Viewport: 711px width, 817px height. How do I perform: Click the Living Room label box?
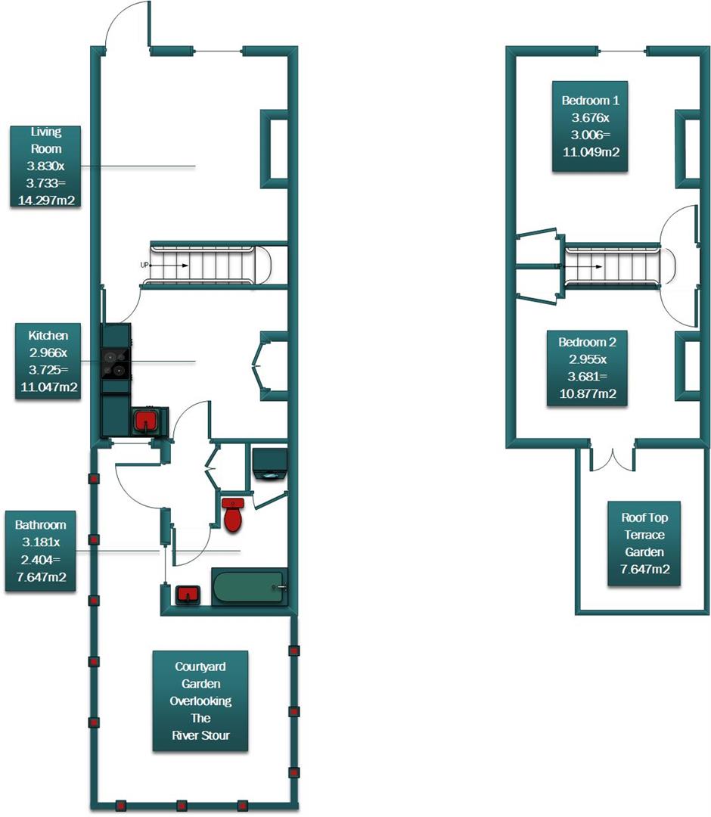pos(46,166)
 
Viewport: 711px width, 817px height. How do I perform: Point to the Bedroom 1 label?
pos(590,126)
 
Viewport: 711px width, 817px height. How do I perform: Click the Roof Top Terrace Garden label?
pos(644,543)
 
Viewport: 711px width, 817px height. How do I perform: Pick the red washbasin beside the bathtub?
pos(187,595)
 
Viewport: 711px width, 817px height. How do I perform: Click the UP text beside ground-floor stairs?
pos(144,266)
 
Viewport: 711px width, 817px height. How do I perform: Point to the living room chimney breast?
pos(275,148)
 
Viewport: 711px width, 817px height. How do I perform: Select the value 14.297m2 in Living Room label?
pos(46,200)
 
